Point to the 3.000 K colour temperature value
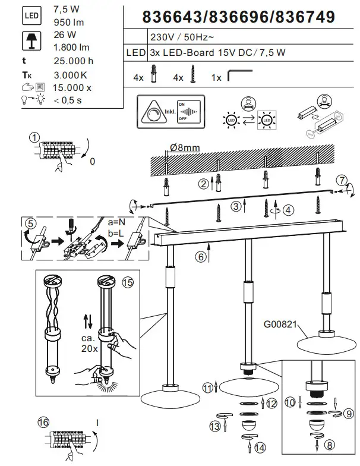click(x=70, y=76)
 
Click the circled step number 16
click(x=42, y=423)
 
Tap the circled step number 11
click(x=208, y=389)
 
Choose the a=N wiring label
click(x=116, y=222)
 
